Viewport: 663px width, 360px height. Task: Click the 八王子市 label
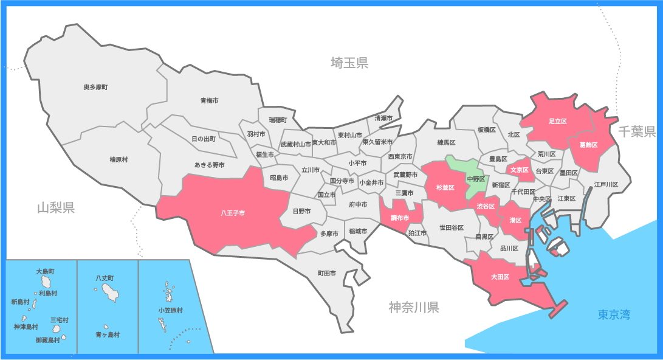233,213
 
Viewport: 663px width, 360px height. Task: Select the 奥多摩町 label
95,88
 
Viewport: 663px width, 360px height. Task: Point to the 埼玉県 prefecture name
349,63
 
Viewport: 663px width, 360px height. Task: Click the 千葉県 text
637,131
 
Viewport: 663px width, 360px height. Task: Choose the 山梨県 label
55,209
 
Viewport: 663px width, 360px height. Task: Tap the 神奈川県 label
413,307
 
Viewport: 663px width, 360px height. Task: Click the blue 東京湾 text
614,314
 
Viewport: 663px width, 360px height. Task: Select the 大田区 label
500,277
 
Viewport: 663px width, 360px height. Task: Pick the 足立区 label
557,122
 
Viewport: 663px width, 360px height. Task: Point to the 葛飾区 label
588,145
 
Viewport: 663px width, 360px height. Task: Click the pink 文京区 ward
519,170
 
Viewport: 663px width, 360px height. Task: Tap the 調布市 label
399,217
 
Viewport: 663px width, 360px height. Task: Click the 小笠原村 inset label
171,310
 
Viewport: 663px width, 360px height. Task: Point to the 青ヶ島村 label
108,334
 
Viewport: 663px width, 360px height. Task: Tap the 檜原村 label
119,159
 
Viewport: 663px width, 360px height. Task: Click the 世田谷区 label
452,227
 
